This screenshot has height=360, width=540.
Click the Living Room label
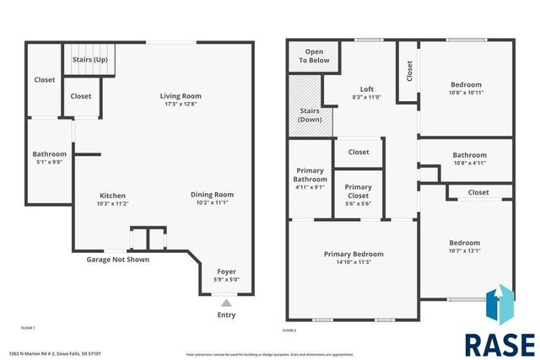tap(181, 96)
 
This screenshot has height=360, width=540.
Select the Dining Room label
tap(211, 194)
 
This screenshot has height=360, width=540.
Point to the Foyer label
tap(227, 271)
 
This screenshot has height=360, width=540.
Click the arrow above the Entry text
tap(226, 302)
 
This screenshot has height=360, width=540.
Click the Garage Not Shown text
tap(118, 260)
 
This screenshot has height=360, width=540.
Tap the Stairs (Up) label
tap(89, 61)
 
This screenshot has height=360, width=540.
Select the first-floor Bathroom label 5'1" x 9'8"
tap(49, 154)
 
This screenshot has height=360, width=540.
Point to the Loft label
tap(366, 89)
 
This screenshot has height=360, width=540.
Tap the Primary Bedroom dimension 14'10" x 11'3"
tap(354, 262)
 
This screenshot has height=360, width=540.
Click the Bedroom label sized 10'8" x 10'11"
tap(466, 84)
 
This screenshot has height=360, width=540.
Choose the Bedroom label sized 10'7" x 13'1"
tap(464, 242)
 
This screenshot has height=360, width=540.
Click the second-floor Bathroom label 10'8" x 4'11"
tap(469, 155)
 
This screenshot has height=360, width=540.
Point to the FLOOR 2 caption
tap(290, 330)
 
